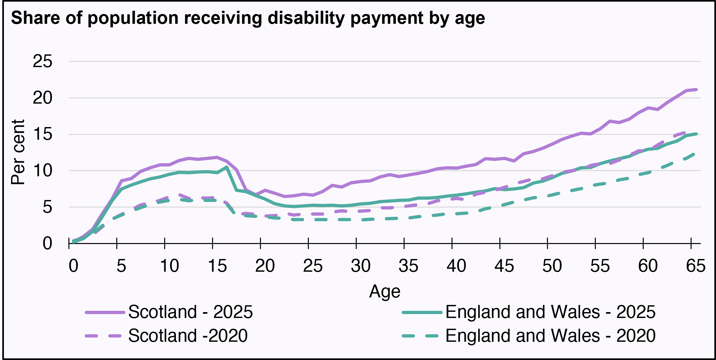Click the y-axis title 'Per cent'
tap(18, 152)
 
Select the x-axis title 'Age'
tap(384, 291)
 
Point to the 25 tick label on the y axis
tap(42, 61)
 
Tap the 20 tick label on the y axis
tap(42, 98)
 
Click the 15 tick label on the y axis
tap(42, 134)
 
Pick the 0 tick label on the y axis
tap(47, 243)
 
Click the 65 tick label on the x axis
tap(695, 266)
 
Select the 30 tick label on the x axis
tap(361, 266)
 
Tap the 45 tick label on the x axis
tap(504, 266)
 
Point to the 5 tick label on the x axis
tap(121, 266)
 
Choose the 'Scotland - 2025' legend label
tap(190, 312)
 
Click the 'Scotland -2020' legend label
tap(188, 336)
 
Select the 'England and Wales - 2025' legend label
tap(550, 312)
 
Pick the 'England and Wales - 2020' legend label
tap(550, 336)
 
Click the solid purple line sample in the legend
tap(105, 312)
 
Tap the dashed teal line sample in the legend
tap(422, 336)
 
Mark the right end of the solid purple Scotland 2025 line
tap(696, 89)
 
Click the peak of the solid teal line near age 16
tap(226, 167)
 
